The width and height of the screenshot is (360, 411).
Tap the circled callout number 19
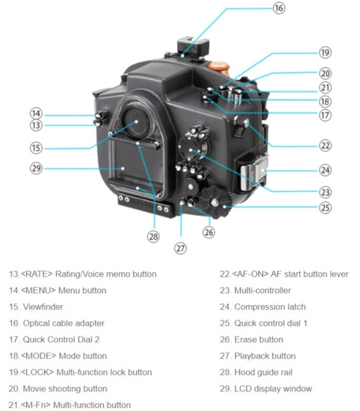[x=325, y=53]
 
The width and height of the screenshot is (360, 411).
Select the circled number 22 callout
[x=325, y=145]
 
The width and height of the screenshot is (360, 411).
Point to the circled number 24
[x=325, y=170]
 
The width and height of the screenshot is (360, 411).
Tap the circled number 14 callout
[x=36, y=113]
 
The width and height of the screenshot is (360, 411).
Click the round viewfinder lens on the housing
[x=136, y=122]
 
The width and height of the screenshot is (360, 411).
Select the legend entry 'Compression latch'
[x=269, y=307]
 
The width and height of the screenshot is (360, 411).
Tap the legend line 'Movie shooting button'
[x=56, y=388]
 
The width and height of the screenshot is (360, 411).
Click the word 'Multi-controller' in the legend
[x=262, y=290]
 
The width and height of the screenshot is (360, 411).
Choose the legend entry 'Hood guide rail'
[x=264, y=372]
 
